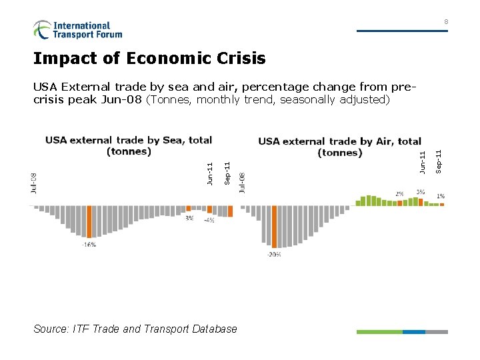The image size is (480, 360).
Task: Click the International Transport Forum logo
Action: [x=77, y=30]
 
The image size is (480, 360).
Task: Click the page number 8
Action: [x=446, y=23]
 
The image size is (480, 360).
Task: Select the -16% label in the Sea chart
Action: [x=89, y=245]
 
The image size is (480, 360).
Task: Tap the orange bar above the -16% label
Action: [x=89, y=221]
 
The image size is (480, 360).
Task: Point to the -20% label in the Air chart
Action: [x=273, y=254]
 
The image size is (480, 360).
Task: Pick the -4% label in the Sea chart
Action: [x=209, y=220]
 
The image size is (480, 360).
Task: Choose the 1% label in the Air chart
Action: [x=441, y=196]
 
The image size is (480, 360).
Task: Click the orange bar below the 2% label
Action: [x=400, y=203]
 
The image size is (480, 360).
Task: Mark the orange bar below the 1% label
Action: [x=441, y=204]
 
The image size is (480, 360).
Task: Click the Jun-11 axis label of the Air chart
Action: [x=422, y=163]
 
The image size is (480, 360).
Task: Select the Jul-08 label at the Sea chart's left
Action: [x=33, y=183]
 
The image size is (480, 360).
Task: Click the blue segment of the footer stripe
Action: [x=414, y=331]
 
